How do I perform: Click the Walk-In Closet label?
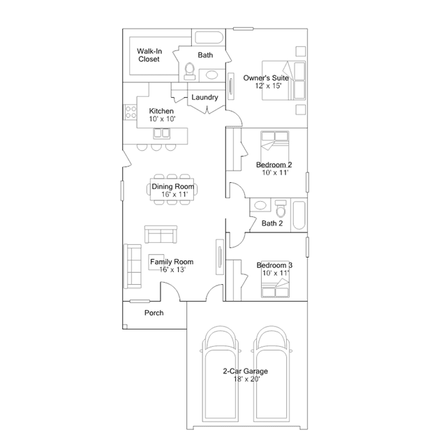pos(149,55)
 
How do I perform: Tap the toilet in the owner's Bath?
pos(189,71)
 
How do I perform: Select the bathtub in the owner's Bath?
pos(209,38)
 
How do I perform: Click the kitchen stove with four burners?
pos(131,112)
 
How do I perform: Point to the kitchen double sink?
pos(161,133)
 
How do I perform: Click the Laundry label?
pos(205,97)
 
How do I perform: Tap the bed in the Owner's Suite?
pos(283,80)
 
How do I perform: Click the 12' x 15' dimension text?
pos(268,86)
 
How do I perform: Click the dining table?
pos(172,189)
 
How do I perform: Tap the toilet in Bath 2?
pos(281,208)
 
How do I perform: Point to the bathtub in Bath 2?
pos(299,215)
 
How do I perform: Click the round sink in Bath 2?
pos(260,205)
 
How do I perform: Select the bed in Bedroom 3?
pos(275,288)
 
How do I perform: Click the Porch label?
pos(154,313)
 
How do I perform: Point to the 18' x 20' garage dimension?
pos(246,379)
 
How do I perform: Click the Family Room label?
pos(172,262)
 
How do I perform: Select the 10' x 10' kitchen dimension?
pos(162,119)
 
